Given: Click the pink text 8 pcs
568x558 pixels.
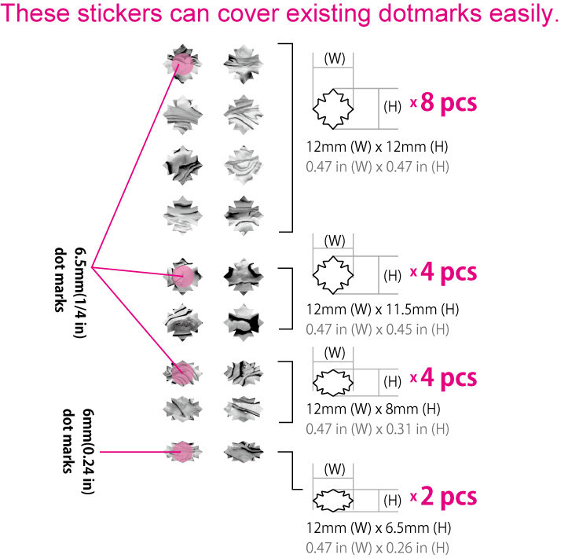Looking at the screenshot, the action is [x=449, y=103].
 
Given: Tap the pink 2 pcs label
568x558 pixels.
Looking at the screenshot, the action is [x=449, y=497].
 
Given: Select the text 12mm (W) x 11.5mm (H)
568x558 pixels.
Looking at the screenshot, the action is [x=383, y=310].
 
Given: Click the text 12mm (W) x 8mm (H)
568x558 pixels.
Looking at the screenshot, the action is [x=373, y=409].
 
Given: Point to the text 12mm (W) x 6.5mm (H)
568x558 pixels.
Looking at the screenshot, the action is [x=379, y=528].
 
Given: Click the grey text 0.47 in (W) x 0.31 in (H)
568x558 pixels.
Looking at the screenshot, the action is [x=377, y=429].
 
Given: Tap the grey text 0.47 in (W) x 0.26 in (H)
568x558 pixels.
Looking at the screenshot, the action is [x=377, y=548].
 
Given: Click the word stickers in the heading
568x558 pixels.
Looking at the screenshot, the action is [x=120, y=13].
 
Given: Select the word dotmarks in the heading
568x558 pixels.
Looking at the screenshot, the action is [x=430, y=13].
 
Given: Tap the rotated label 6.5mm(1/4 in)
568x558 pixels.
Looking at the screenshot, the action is [x=80, y=293].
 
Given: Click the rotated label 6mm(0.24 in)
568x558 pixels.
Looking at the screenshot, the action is [x=88, y=451].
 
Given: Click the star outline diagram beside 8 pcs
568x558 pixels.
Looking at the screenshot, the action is [x=333, y=108].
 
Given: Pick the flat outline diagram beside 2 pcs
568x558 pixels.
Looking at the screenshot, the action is [x=333, y=501].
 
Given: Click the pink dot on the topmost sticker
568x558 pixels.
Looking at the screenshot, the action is [x=182, y=64].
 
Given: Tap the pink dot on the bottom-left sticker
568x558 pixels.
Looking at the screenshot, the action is [x=182, y=451].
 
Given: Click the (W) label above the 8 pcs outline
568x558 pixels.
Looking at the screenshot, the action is [x=335, y=58].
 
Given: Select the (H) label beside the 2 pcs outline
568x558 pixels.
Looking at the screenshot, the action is [x=392, y=501].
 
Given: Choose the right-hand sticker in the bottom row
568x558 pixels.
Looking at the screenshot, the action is [x=244, y=451].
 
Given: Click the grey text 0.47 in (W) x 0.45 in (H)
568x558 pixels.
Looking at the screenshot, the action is [x=377, y=329].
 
